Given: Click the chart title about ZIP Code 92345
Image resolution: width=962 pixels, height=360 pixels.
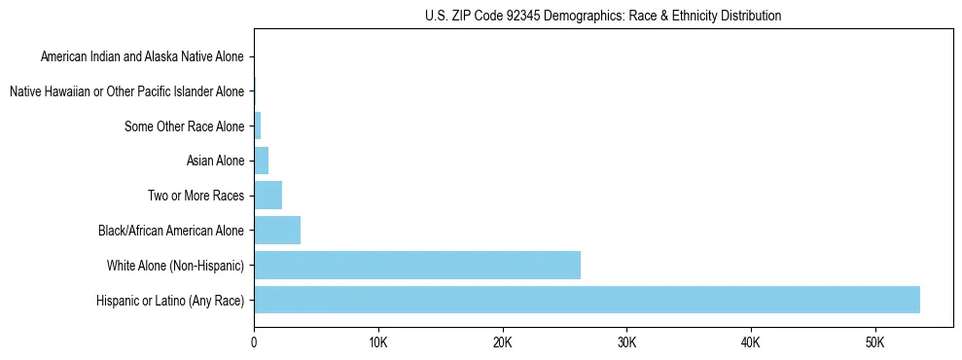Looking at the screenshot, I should pos(603,16).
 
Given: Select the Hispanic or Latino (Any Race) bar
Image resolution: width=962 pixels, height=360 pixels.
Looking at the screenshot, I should pos(587,300).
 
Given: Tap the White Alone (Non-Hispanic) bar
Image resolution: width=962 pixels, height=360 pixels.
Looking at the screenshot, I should pos(417,265).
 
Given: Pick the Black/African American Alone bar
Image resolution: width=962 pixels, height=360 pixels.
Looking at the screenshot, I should pos(277,230).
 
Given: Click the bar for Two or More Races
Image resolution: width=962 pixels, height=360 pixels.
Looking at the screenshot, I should pos(267,195).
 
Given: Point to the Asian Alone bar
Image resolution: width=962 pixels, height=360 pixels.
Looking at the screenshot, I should pos(261,161).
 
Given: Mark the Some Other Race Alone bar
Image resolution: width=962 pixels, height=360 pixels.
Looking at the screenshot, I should pos(258,126).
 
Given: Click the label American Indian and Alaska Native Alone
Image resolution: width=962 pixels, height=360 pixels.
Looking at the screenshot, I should pos(143,56).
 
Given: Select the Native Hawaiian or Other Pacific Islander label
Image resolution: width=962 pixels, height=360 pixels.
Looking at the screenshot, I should pos(126,91).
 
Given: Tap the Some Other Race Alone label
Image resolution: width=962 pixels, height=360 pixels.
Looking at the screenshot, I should pos(185,126).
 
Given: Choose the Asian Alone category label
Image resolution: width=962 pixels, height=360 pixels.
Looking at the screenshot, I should pos(215,161).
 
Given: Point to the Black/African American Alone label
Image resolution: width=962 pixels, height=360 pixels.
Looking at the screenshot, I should pos(172,231).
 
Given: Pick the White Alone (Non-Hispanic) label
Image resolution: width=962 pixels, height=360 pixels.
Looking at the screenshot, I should pos(176,266).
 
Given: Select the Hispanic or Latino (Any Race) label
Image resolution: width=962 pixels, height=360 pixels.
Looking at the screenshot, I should pos(171,301).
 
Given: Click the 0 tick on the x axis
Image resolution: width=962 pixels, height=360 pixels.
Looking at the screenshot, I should pos(254,343).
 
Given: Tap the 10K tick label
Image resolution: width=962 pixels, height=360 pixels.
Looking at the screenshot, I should pos(378,343).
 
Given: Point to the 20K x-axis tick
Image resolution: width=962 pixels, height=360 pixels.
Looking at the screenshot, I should pos(502,343).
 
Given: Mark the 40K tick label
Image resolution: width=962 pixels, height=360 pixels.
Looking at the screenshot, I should pos(750,343).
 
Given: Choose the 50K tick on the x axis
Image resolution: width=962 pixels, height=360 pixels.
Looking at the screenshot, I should pos(874,343).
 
